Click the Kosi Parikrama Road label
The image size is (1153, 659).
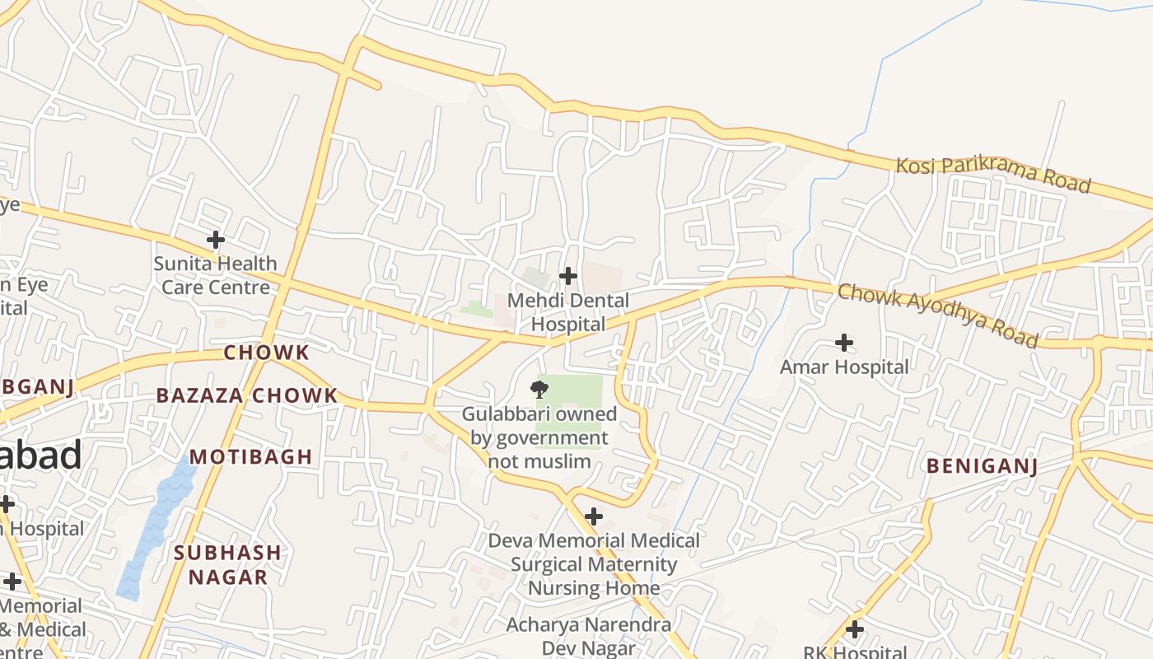(x=993, y=175)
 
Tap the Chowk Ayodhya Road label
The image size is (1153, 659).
(x=937, y=315)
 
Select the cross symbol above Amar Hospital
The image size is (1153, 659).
(x=844, y=342)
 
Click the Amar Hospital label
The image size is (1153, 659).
(x=844, y=367)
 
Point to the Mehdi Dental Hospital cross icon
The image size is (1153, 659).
(x=567, y=276)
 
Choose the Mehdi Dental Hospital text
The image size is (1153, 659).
(x=567, y=312)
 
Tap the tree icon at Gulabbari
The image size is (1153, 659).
(x=539, y=390)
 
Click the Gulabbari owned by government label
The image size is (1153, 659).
(x=539, y=437)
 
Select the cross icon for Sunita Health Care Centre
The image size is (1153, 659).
(x=215, y=240)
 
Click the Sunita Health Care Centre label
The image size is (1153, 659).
(x=215, y=275)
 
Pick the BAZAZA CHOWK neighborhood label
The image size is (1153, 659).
(x=247, y=395)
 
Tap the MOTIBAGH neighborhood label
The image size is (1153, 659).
(x=251, y=456)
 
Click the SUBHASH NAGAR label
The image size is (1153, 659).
(x=227, y=564)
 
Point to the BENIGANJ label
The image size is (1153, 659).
(x=982, y=466)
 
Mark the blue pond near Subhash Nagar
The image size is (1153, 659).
(x=155, y=527)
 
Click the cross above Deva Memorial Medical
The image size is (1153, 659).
(x=593, y=516)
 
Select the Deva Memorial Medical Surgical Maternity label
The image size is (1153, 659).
(x=594, y=564)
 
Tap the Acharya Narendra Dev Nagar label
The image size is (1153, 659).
(x=588, y=636)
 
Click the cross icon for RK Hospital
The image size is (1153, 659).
(x=855, y=629)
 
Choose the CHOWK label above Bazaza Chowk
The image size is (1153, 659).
(x=267, y=353)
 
